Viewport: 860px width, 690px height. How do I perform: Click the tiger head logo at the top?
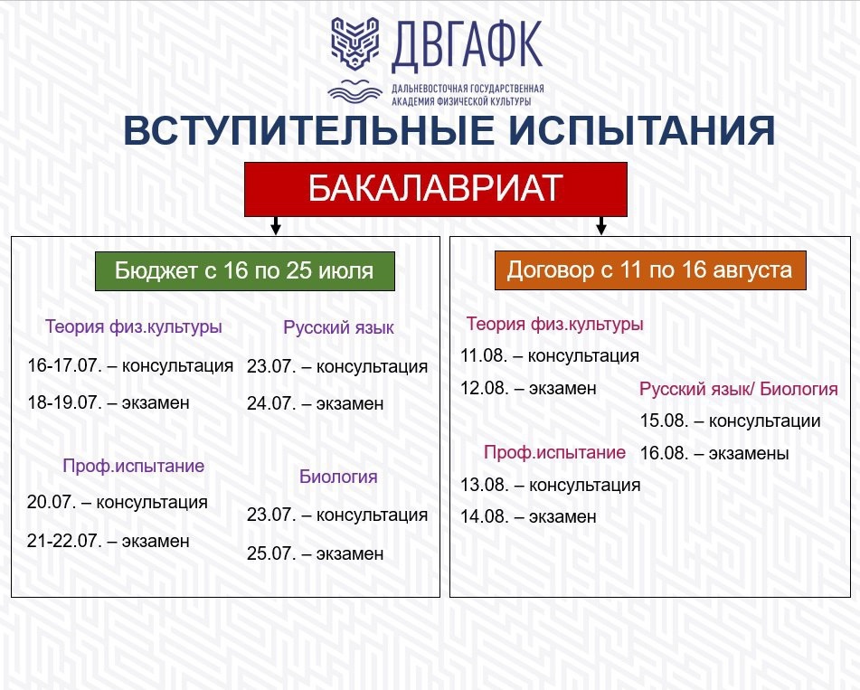pyautogui.click(x=354, y=43)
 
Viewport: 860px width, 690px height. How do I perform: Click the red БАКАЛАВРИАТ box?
pyautogui.click(x=436, y=189)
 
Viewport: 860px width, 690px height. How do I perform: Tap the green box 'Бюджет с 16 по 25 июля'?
pyautogui.click(x=245, y=271)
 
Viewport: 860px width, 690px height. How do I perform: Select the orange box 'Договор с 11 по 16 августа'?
pyautogui.click(x=650, y=269)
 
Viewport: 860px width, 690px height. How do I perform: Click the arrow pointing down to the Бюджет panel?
pyautogui.click(x=276, y=225)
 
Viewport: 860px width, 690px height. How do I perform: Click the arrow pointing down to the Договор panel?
pyautogui.click(x=601, y=225)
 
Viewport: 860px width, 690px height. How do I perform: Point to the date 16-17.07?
pyautogui.click(x=65, y=365)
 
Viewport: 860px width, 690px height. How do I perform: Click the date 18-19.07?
pyautogui.click(x=65, y=402)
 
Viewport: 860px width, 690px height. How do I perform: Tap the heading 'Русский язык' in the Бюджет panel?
pyautogui.click(x=338, y=327)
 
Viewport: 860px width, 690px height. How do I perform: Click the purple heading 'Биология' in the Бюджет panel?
pyautogui.click(x=338, y=476)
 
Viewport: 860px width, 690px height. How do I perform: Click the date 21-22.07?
pyautogui.click(x=65, y=541)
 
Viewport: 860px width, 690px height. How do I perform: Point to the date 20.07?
pyautogui.click(x=52, y=502)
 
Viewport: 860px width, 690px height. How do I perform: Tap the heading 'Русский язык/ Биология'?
pyautogui.click(x=739, y=389)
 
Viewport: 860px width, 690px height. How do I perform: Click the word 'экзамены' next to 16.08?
pyautogui.click(x=749, y=453)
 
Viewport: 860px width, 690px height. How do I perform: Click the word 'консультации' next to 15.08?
pyautogui.click(x=764, y=421)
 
